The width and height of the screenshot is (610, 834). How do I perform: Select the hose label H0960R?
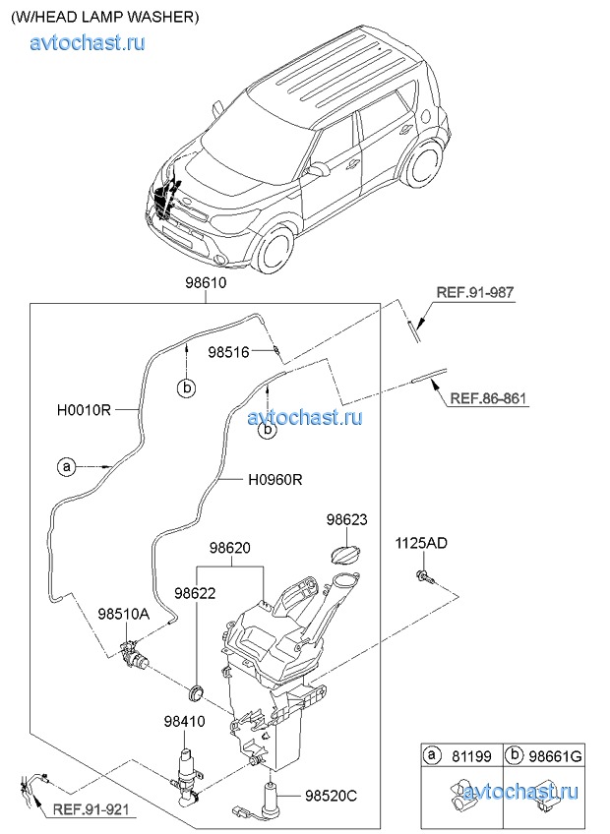(x=274, y=480)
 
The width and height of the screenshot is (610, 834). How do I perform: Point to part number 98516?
(x=229, y=351)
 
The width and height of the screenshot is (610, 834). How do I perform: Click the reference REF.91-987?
(x=476, y=292)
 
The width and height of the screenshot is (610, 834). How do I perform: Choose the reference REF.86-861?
(x=489, y=398)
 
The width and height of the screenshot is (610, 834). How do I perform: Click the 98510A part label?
(x=123, y=614)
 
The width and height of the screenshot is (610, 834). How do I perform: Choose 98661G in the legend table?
(x=558, y=756)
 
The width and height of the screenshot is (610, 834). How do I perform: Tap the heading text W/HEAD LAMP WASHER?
(x=105, y=17)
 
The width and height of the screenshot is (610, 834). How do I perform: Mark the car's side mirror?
(x=319, y=169)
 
